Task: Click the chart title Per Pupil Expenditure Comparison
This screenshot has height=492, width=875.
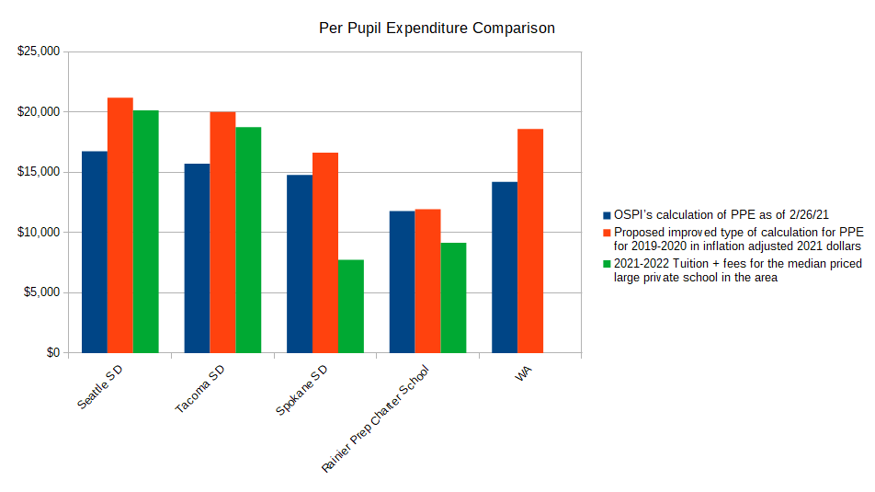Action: tap(437, 29)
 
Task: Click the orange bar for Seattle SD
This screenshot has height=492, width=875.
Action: tap(120, 225)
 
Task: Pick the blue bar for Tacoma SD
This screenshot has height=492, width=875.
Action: tap(197, 258)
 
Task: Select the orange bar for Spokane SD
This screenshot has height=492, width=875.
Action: tap(325, 253)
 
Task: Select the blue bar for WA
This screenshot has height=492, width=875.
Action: tap(505, 268)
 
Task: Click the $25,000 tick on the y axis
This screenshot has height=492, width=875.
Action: tap(39, 51)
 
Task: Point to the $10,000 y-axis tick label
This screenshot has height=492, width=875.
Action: tap(39, 233)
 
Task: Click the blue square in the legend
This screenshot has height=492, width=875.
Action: tap(607, 213)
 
